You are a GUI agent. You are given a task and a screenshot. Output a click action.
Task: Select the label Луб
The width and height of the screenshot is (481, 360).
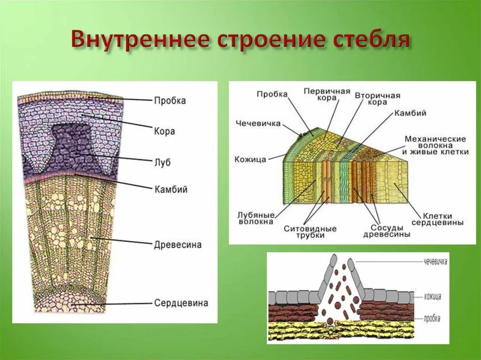pos(163,162)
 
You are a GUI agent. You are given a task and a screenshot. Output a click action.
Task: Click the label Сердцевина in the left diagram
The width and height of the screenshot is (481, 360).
pos(181,303)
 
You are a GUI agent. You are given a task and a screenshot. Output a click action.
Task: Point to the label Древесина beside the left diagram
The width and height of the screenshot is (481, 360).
pos(178,245)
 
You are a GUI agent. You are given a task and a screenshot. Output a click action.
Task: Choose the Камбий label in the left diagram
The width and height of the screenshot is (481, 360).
pos(171,190)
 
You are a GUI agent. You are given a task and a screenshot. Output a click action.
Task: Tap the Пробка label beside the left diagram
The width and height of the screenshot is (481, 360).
pos(170,100)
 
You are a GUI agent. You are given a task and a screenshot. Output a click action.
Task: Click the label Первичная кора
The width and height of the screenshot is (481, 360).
pos(326,94)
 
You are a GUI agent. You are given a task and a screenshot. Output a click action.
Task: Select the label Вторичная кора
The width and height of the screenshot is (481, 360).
pos(377,99)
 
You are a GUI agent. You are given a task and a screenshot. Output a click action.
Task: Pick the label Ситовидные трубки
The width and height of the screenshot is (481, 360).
pos(310,232)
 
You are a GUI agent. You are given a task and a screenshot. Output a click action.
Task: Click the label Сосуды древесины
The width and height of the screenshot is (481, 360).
pos(387,230)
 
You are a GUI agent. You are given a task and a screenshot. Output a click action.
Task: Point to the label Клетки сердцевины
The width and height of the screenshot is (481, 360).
pos(437,219)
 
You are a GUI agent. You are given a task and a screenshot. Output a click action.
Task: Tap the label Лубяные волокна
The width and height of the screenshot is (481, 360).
pos(256,218)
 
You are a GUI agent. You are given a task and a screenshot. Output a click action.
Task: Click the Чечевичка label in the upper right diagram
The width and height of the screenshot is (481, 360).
pos(258,123)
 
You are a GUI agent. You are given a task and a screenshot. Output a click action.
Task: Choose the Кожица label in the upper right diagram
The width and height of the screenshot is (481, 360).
pos(250,160)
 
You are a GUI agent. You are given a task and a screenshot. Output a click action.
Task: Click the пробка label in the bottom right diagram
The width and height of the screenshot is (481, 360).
pos(432,318)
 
